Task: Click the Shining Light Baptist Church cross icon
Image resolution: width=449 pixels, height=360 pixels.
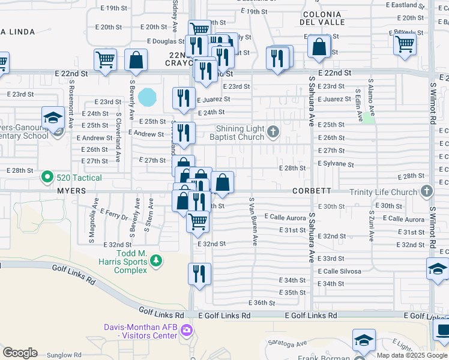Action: coord(273,132)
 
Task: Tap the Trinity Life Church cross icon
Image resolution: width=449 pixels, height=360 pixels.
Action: coord(427,192)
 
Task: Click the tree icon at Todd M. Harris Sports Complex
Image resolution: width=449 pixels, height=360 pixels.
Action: coord(156,260)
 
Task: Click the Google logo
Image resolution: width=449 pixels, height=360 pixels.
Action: coord(20,353)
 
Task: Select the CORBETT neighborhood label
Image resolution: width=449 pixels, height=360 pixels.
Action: coord(312,191)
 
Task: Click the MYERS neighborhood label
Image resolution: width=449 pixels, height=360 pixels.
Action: coord(71,190)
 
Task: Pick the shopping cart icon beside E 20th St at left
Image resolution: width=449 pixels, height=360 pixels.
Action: coord(105,59)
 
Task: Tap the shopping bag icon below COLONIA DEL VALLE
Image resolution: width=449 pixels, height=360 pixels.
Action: coord(319,47)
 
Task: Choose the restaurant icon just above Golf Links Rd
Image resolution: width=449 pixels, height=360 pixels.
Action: coord(199,273)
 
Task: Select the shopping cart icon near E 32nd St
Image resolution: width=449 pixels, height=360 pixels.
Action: coord(197,221)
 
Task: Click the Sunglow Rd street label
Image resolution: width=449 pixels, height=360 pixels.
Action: coord(65,355)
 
